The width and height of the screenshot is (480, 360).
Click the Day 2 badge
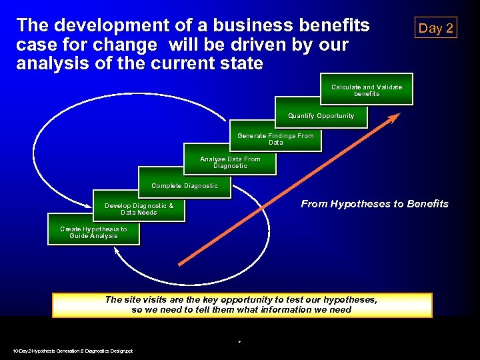pos(435,28)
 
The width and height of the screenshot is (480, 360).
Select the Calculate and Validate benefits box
pos(367,91)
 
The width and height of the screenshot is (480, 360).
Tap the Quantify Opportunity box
pos(321,116)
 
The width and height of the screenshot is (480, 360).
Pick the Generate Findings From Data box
pos(275,139)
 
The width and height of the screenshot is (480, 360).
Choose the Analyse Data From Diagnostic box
pos(230,162)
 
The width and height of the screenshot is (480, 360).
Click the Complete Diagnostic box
pos(185,186)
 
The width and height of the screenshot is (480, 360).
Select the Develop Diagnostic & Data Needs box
pos(139,209)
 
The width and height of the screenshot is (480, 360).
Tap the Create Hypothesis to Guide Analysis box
pos(93,233)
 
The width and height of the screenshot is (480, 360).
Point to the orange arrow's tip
pos(398,115)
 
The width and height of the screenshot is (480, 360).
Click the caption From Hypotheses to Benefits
pos(375,204)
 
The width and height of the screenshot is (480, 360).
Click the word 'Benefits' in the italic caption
pos(427,204)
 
